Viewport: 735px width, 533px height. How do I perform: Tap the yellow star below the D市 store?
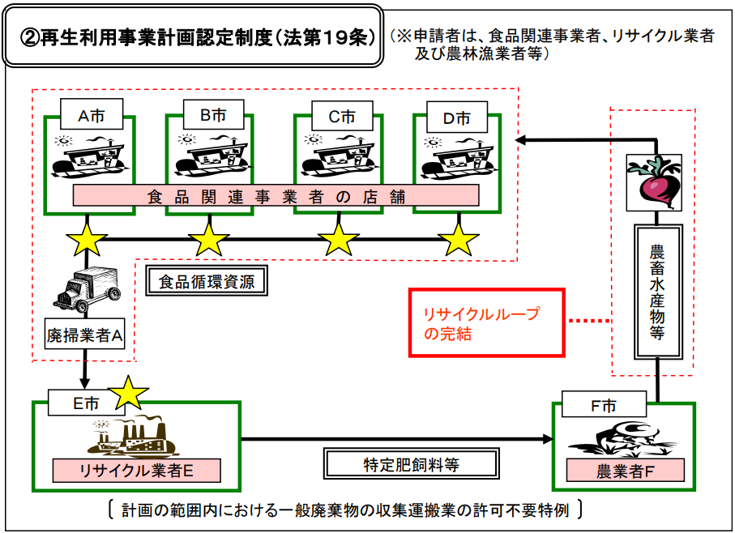click(x=459, y=239)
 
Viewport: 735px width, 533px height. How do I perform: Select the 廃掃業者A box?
click(x=85, y=333)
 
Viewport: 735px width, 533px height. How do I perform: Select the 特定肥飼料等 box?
click(x=411, y=463)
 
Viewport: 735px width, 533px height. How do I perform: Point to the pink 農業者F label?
click(x=625, y=471)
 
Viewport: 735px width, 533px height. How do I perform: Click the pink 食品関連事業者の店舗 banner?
click(x=276, y=196)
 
